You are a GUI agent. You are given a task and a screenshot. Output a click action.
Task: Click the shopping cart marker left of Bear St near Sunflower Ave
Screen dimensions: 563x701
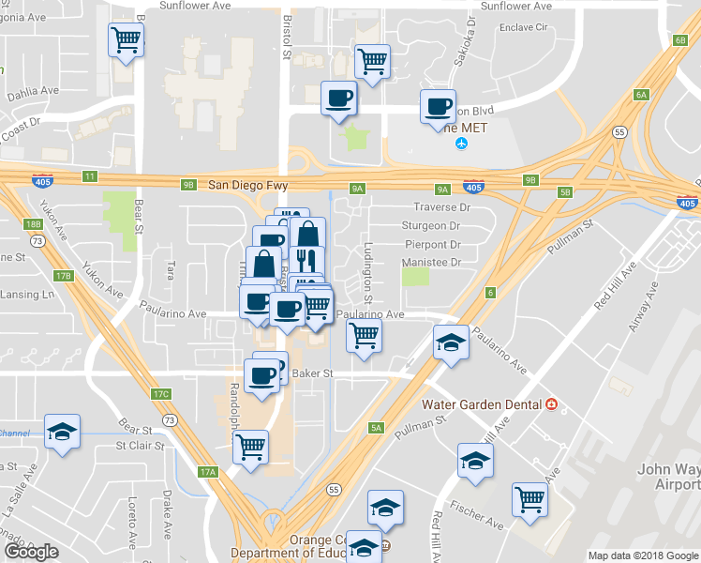[126, 40]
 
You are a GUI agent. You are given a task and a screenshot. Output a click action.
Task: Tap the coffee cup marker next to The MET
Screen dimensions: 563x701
[438, 106]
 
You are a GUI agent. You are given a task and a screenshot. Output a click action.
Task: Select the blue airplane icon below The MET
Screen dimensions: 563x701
[460, 143]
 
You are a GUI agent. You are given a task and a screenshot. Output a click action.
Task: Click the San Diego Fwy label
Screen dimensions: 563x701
[245, 185]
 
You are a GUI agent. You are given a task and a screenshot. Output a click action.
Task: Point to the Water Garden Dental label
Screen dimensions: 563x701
[482, 404]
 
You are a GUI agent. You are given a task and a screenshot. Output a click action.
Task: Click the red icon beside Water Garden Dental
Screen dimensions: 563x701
[551, 404]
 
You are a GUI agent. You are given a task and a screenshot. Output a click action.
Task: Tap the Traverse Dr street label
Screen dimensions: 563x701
[441, 207]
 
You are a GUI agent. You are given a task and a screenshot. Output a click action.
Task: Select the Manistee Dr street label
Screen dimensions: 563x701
[433, 263]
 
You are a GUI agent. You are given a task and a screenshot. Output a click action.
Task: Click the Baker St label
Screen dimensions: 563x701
[314, 373]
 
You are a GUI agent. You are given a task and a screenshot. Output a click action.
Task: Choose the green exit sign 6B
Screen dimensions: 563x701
[679, 40]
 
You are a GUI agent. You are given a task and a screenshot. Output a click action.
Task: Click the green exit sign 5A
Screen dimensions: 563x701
[377, 428]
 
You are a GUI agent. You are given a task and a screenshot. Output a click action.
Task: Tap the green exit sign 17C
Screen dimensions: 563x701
[161, 393]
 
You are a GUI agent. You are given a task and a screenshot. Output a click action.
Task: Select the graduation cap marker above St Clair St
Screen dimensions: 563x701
[62, 431]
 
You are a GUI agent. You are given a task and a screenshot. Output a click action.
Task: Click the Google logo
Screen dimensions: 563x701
[31, 552]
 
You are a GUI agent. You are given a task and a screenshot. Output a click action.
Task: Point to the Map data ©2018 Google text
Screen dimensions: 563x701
[642, 555]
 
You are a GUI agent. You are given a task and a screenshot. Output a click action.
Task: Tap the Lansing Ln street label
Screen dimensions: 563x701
[27, 295]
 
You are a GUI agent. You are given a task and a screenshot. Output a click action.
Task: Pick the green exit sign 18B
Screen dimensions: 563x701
[34, 224]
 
